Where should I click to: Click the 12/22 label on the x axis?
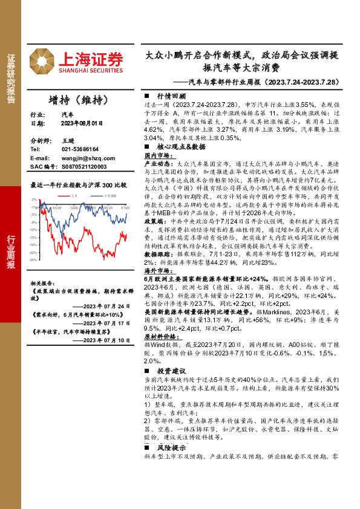coord(74,207)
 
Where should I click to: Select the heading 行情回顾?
coord(171,97)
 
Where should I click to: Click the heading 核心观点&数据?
coord(180,146)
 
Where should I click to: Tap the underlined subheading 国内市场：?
coord(159,155)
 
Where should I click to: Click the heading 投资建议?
coord(171,371)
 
